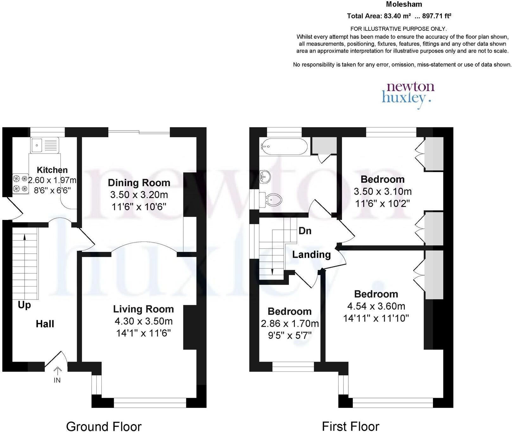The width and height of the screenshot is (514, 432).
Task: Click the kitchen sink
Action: point(45,145)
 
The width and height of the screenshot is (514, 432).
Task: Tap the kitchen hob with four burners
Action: point(20,184)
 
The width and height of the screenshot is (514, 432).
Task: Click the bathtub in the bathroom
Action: point(284,146)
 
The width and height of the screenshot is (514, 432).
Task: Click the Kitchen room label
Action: point(52,170)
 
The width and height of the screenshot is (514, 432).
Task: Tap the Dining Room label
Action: point(139,183)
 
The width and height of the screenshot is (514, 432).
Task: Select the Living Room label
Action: point(143,309)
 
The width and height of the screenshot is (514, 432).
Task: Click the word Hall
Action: point(45,324)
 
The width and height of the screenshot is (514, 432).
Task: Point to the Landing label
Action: point(311,254)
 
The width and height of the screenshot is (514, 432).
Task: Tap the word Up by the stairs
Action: point(24,305)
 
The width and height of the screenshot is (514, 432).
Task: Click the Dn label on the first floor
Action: point(305,231)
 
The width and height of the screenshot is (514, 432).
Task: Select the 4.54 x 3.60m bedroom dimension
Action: point(376,306)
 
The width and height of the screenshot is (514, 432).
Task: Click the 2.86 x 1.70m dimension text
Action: point(290,324)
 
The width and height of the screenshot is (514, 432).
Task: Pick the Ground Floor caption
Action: point(104,426)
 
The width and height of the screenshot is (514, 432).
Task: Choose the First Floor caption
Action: point(351,426)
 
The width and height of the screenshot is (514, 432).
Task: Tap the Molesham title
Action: point(404,4)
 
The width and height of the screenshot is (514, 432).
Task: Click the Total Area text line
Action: point(399,16)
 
